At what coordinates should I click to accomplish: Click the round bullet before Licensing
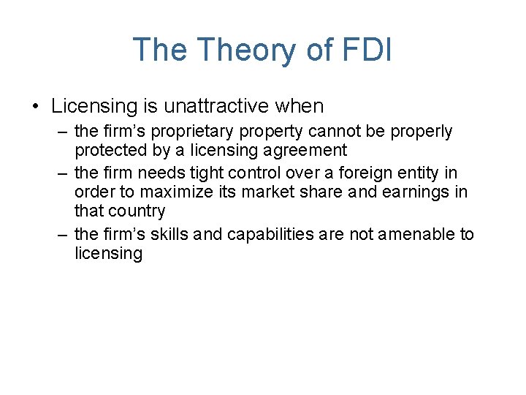(36, 107)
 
